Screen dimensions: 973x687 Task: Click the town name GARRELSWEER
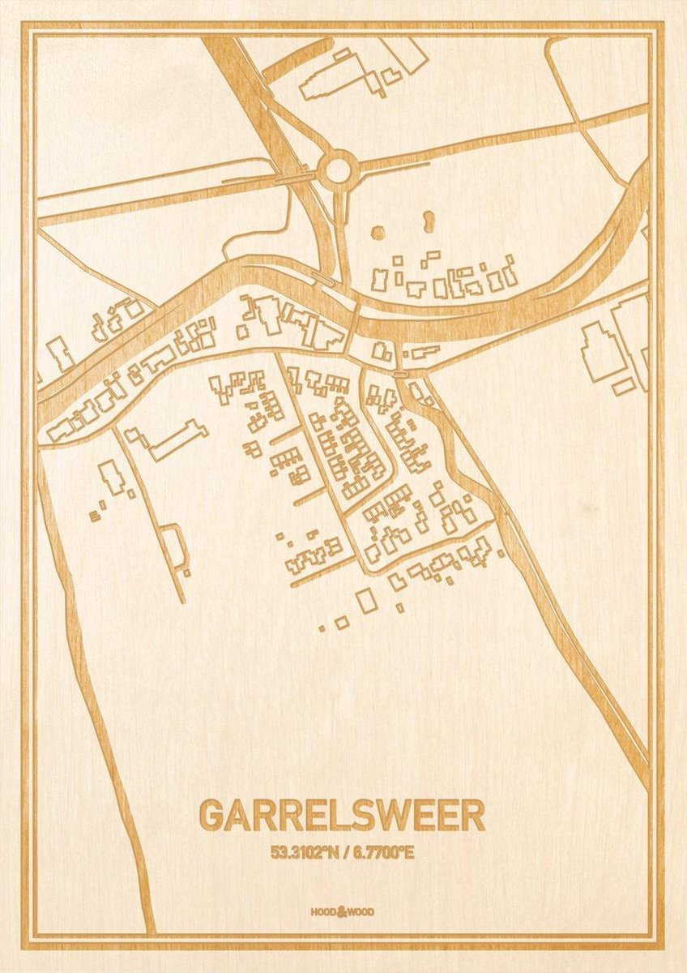(342, 815)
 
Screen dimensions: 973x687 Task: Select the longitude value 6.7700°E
(382, 853)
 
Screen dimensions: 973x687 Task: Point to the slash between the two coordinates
(345, 853)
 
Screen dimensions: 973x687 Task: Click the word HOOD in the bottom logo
(322, 912)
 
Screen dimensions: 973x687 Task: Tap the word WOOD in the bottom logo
(361, 912)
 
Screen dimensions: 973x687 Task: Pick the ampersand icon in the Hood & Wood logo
(342, 911)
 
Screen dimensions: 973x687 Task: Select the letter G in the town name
(213, 815)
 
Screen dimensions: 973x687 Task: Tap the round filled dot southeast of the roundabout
(378, 233)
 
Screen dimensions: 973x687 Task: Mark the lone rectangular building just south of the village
(367, 601)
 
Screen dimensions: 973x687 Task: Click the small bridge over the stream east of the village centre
(399, 373)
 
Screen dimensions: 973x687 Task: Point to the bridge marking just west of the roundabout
(295, 174)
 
